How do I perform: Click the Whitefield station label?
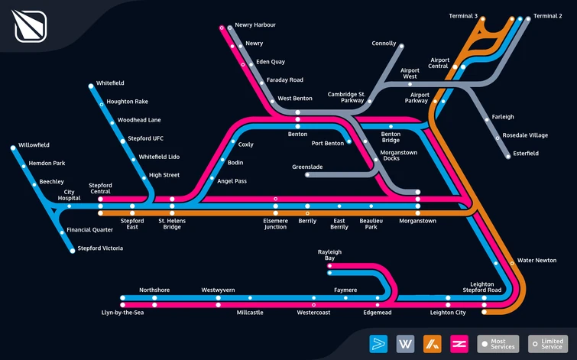click(x=110, y=83)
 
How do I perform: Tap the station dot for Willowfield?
click(x=13, y=148)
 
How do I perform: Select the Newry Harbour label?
click(x=255, y=25)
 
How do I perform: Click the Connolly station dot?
click(x=401, y=47)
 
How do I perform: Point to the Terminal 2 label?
click(x=547, y=16)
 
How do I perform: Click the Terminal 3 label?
click(x=463, y=16)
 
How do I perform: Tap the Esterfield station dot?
click(x=508, y=157)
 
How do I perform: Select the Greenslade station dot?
click(x=307, y=174)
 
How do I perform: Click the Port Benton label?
click(x=328, y=143)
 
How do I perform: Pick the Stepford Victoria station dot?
click(x=73, y=251)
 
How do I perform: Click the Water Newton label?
click(x=536, y=260)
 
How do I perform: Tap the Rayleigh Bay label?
click(x=329, y=255)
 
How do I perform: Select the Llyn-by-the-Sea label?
click(x=122, y=313)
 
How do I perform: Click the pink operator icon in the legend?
click(x=459, y=344)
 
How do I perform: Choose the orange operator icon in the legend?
click(x=433, y=344)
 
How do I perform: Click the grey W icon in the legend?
click(x=405, y=344)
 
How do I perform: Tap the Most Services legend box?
click(x=498, y=344)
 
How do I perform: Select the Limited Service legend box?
click(x=547, y=344)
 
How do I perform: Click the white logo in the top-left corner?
click(x=30, y=26)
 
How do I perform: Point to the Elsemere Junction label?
click(x=275, y=224)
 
